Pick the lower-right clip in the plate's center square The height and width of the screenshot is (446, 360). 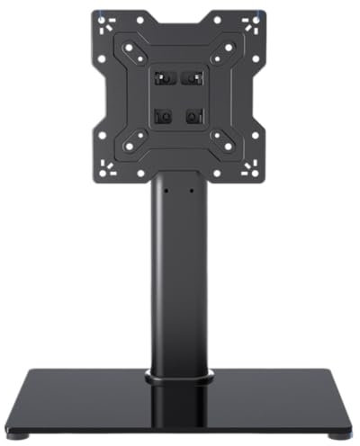(191, 115)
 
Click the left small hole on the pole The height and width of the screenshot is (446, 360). (165, 191)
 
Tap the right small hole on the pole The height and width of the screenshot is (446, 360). (191, 191)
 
